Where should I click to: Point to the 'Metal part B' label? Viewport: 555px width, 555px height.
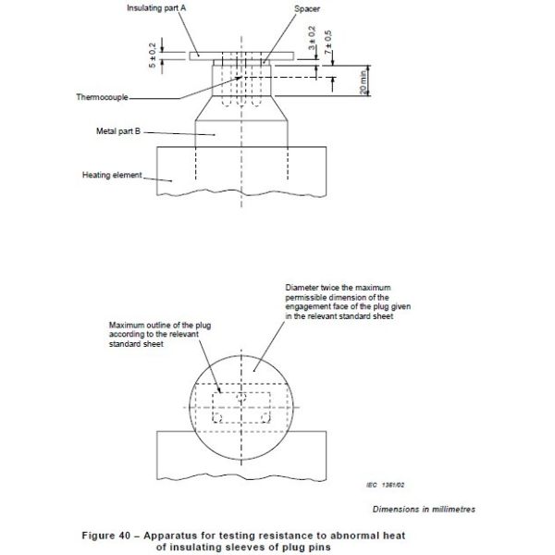pos(119,130)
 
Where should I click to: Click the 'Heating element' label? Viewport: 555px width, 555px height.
pos(113,175)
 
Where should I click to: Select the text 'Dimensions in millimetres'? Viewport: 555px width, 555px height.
pos(425,508)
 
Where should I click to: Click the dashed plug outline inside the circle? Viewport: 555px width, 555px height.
pos(243,408)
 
